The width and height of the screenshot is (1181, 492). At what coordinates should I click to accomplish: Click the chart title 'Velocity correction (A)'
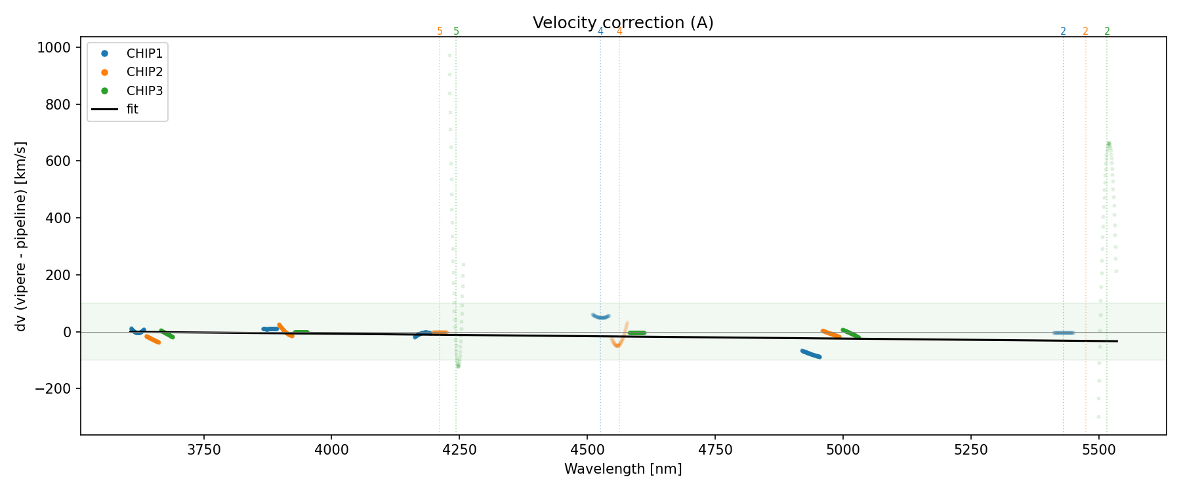pyautogui.click(x=623, y=23)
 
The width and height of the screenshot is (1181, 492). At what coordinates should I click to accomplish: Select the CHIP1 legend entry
pyautogui.click(x=144, y=54)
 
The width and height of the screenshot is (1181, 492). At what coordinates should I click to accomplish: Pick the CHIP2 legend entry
pyautogui.click(x=144, y=72)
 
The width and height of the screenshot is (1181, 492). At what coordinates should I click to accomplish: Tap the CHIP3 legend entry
pyautogui.click(x=144, y=91)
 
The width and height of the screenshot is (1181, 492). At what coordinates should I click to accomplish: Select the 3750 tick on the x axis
pyautogui.click(x=204, y=450)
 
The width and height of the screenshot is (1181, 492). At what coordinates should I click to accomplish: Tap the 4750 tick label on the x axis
pyautogui.click(x=715, y=450)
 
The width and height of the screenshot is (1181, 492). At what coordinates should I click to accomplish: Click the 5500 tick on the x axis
pyautogui.click(x=1098, y=450)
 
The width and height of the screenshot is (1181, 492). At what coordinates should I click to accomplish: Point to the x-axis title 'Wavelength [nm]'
pyautogui.click(x=623, y=469)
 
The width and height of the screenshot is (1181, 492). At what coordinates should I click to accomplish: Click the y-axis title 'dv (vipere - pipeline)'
pyautogui.click(x=21, y=236)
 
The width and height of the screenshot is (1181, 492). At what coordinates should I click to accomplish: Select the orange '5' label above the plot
pyautogui.click(x=440, y=31)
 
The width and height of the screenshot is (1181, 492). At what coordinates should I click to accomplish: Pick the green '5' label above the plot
pyautogui.click(x=456, y=31)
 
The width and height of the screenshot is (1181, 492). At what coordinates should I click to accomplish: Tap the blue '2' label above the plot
pyautogui.click(x=1063, y=31)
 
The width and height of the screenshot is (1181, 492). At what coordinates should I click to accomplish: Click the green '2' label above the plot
pyautogui.click(x=1107, y=31)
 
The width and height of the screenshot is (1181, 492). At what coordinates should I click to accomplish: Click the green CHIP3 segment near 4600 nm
pyautogui.click(x=636, y=333)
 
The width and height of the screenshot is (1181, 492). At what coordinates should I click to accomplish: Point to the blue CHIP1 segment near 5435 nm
pyautogui.click(x=1063, y=333)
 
